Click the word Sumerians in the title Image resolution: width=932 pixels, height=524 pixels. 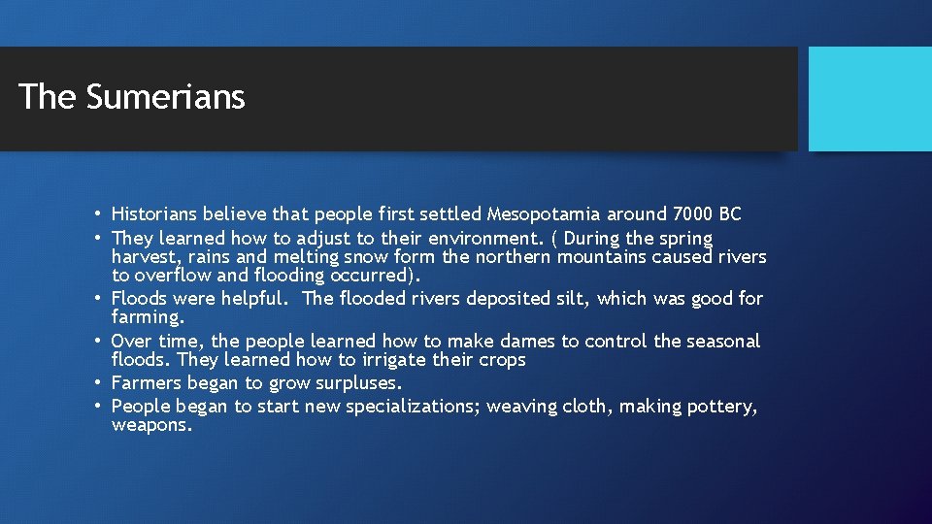165,97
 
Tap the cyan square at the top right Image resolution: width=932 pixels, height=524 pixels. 869,99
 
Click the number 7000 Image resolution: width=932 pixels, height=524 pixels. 689,214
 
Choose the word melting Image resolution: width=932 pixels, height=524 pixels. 308,257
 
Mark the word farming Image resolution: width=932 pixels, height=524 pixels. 148,317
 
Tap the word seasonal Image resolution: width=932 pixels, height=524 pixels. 723,342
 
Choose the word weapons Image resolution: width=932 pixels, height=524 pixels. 151,425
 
